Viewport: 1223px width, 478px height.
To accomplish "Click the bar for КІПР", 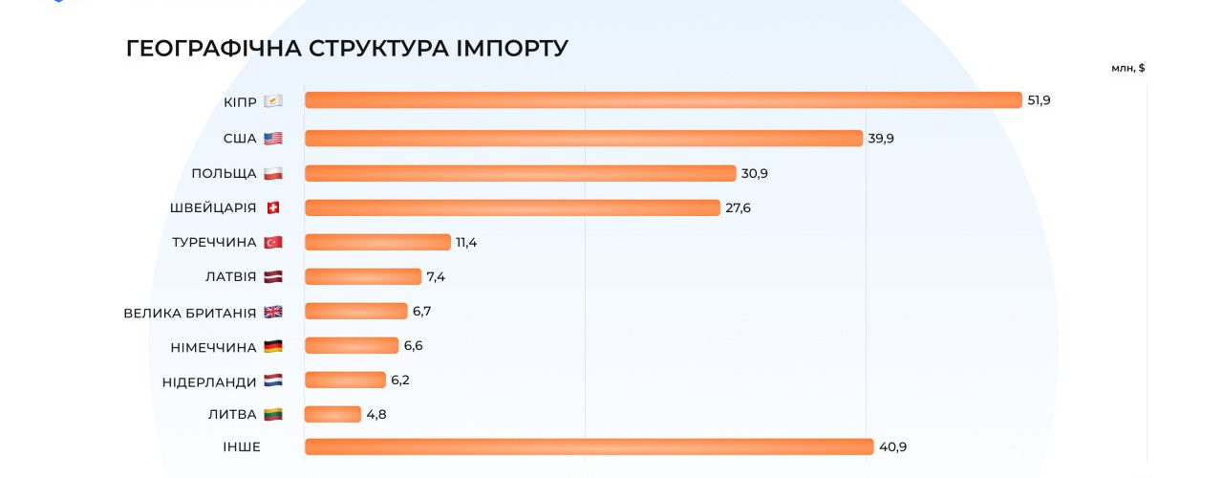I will [x=663, y=100].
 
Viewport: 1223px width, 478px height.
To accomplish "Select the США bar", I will [x=583, y=139].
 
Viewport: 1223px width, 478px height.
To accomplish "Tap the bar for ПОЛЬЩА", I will [x=520, y=173].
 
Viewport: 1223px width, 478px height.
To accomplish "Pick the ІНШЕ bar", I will [x=589, y=446].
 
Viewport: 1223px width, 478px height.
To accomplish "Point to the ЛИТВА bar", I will [x=330, y=414].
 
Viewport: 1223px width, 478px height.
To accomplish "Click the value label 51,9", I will [x=1039, y=100].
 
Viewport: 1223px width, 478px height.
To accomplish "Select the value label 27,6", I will [x=738, y=207].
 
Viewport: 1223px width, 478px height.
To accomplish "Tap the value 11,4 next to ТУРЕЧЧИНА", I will [x=466, y=242].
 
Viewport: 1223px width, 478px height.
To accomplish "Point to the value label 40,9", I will [x=891, y=446].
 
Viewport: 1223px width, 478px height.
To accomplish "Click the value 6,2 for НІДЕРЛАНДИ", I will [x=400, y=380].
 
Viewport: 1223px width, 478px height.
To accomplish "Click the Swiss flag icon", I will [x=273, y=207].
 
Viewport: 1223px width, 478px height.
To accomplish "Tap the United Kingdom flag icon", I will [x=273, y=312].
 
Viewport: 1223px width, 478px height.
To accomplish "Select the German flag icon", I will [x=273, y=346].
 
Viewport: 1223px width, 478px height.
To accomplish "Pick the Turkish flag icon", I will [x=273, y=243].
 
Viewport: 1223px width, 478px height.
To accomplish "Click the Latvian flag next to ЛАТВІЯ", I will [x=273, y=277].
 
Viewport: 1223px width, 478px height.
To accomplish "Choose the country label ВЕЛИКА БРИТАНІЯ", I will [x=190, y=313].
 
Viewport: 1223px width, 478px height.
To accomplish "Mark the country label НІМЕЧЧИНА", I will [x=215, y=347].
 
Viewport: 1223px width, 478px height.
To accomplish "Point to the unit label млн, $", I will [x=1128, y=68].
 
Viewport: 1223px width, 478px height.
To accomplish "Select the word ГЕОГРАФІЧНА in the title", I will [x=214, y=48].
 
